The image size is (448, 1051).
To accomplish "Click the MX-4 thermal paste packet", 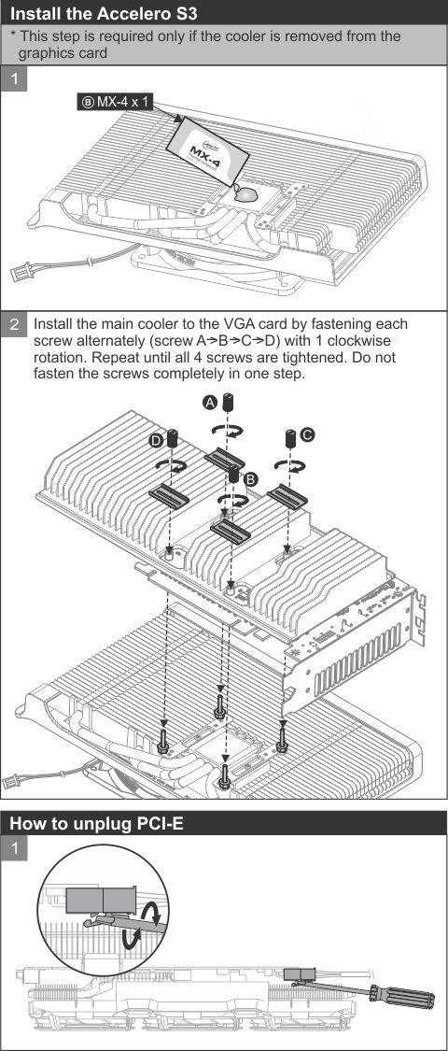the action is click(207, 153).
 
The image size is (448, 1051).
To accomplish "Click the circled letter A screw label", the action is click(210, 402).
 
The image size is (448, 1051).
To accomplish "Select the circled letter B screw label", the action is click(250, 478).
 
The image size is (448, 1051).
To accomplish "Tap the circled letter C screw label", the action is click(307, 435).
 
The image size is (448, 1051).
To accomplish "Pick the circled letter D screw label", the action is click(155, 440).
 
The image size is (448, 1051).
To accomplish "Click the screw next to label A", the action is click(228, 405).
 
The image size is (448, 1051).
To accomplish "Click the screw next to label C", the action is click(291, 439).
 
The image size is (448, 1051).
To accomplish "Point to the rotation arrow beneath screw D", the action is click(171, 464).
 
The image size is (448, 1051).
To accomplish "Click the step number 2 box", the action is click(15, 326).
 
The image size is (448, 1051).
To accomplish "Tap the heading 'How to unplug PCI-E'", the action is click(96, 824).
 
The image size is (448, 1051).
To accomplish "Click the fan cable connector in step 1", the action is click(21, 272).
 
